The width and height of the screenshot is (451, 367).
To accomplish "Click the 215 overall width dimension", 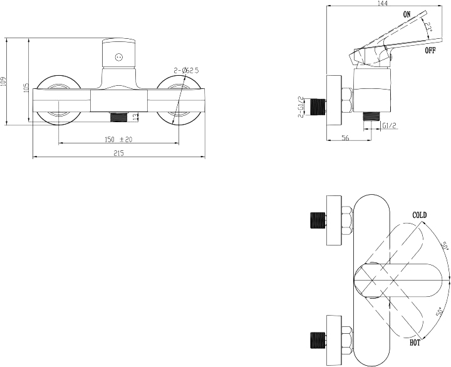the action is [118, 153].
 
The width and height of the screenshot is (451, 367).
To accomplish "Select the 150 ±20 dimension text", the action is [118, 140].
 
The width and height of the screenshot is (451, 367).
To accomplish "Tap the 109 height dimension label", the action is [3, 81].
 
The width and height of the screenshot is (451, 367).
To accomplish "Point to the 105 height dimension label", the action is [26, 88].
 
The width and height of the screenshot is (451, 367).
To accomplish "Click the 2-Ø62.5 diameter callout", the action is [186, 70].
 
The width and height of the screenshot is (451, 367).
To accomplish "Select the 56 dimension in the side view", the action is [345, 138].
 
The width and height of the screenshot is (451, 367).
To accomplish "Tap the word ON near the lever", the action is [407, 14].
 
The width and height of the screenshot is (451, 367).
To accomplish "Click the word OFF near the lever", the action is [430, 51].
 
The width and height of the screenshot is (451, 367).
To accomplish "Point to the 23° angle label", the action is [428, 28].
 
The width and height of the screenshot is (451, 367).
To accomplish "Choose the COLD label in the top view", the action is [420, 215].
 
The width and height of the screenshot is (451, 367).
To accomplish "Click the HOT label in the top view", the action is [415, 343].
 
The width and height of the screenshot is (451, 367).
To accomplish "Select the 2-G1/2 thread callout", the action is [301, 107].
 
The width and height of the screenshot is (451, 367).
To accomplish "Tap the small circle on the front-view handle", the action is [119, 57].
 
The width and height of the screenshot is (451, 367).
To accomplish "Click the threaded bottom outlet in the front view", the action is [119, 116].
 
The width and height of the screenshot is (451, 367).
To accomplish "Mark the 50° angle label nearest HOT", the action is [439, 313].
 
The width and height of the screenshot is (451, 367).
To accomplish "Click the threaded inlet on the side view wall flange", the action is [318, 107].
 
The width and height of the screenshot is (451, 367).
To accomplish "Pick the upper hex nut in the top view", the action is [347, 220].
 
